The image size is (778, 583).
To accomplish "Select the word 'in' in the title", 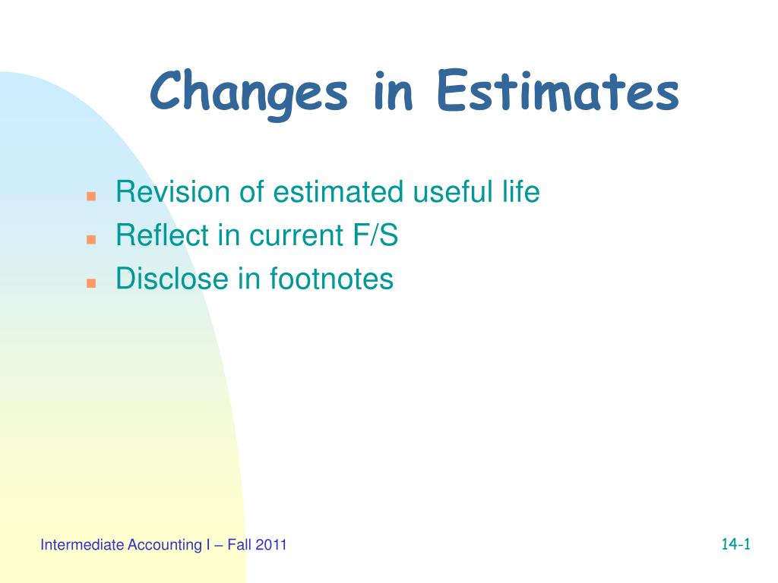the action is (x=393, y=91).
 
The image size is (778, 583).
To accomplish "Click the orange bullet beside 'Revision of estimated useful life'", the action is (x=91, y=196).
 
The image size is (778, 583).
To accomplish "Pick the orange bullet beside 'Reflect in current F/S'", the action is (x=91, y=239).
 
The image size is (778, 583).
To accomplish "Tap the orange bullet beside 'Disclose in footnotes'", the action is (x=91, y=283).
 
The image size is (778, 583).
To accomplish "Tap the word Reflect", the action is (x=162, y=235).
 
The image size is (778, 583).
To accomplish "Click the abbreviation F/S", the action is (x=375, y=235).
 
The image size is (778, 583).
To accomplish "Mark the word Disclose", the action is (x=172, y=278).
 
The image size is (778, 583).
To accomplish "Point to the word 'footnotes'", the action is (x=331, y=278).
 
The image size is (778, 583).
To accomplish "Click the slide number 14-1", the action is (x=735, y=544).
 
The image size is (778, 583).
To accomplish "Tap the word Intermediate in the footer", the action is (x=82, y=545).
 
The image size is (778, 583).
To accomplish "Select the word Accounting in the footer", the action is (x=165, y=545).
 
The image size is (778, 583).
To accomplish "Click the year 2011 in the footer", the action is (x=271, y=545).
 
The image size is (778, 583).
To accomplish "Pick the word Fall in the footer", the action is (x=239, y=545).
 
